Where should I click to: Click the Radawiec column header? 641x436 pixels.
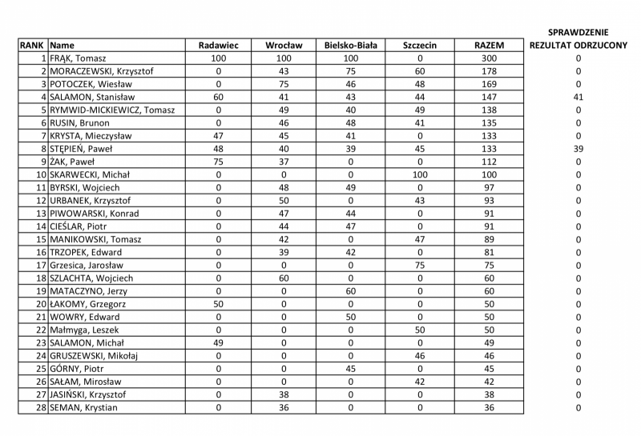click(218, 46)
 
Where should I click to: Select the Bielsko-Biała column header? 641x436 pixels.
click(351, 46)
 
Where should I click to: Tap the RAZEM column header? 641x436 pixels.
click(490, 46)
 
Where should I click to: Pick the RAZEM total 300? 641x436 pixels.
click(490, 58)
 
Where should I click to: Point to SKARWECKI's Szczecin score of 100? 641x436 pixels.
click(420, 174)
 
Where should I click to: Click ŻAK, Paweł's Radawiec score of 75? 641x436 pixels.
click(218, 162)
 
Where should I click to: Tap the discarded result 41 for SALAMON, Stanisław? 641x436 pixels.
click(578, 97)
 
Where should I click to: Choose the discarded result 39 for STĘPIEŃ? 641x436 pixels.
click(578, 149)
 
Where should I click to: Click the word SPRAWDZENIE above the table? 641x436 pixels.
click(578, 32)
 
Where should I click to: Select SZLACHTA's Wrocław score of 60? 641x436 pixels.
click(284, 278)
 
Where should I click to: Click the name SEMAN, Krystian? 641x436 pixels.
click(83, 407)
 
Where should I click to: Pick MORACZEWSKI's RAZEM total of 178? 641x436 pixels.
click(490, 71)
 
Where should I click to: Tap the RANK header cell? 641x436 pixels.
click(32, 46)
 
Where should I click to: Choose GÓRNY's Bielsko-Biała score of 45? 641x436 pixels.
click(351, 369)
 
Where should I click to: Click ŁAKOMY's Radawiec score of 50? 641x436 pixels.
click(218, 304)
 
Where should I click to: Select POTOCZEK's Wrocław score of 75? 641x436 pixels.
click(284, 84)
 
